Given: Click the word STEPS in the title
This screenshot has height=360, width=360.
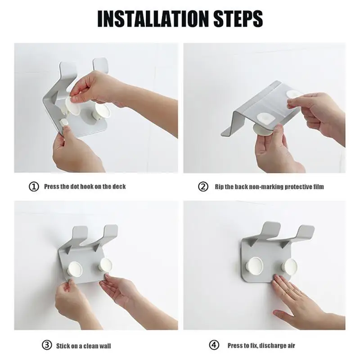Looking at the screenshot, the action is (x=238, y=18).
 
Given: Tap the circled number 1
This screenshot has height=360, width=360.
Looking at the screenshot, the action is (x=34, y=187).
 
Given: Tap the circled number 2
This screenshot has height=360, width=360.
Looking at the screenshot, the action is (x=203, y=187).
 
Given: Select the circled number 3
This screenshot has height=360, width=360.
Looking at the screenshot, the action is (x=47, y=345).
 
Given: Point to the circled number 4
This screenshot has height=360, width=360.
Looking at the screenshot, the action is (x=214, y=345).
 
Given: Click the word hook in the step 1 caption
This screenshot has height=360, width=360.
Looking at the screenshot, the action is (x=86, y=186).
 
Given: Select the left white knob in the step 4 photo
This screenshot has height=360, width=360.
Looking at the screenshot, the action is (x=254, y=265).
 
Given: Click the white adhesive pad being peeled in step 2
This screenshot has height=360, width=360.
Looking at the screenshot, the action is (x=293, y=94).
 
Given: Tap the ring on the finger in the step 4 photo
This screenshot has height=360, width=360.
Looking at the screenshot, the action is (x=287, y=292).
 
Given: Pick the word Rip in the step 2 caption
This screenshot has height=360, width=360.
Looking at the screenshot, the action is (x=219, y=187).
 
